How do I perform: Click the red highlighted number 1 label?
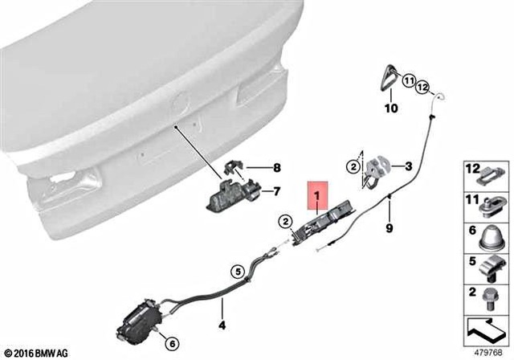(x=316, y=195)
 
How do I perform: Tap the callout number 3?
(x=408, y=167)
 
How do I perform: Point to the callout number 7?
(x=277, y=191)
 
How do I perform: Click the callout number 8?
(x=277, y=168)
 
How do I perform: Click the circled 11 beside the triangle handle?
(x=408, y=81)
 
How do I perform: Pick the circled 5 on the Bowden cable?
(x=238, y=271)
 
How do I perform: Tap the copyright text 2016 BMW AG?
(x=37, y=351)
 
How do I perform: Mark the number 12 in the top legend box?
(x=471, y=169)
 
